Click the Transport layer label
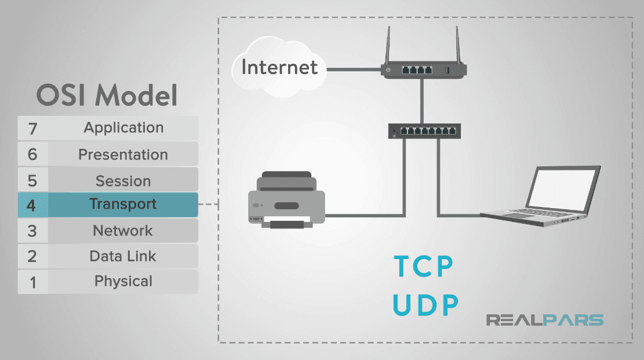point(123,205)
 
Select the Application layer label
point(123,128)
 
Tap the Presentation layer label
point(123,155)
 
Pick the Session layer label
point(123,180)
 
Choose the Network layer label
point(123,231)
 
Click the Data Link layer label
point(123,256)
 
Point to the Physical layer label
point(123,282)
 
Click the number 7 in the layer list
point(32,129)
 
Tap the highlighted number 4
point(32,205)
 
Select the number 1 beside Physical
point(32,282)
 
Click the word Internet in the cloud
point(279,67)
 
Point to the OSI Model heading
point(107,95)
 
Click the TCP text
point(424,266)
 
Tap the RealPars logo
point(544,319)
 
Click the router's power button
point(388,71)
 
